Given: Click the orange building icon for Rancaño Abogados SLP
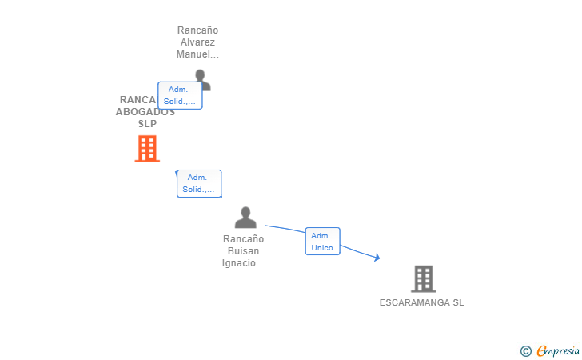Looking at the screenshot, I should coord(147,149).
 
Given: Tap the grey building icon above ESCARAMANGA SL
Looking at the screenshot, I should coord(423,278).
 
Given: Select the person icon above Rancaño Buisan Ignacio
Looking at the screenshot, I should coord(245,218).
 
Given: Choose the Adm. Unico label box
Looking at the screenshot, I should coord(322,242).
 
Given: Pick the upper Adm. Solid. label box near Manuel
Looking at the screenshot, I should coord(180,95).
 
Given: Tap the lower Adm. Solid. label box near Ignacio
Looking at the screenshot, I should coord(198,183).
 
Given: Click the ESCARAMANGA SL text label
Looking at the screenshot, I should coord(421,302).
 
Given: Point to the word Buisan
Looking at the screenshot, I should coord(243,251).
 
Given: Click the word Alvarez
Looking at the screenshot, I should coord(197,42).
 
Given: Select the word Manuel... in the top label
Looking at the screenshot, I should coord(197,54).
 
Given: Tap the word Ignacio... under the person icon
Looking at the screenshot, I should coord(243,263).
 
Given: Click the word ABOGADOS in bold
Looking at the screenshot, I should coord(145,112).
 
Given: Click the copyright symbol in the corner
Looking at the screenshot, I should coord(525,350).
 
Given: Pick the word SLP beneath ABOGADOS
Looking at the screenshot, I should coord(147,124).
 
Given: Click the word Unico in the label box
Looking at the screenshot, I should coord(322,248).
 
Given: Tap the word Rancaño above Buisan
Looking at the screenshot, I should coord(243,239).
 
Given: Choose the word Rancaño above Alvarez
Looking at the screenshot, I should coord(197,30).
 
